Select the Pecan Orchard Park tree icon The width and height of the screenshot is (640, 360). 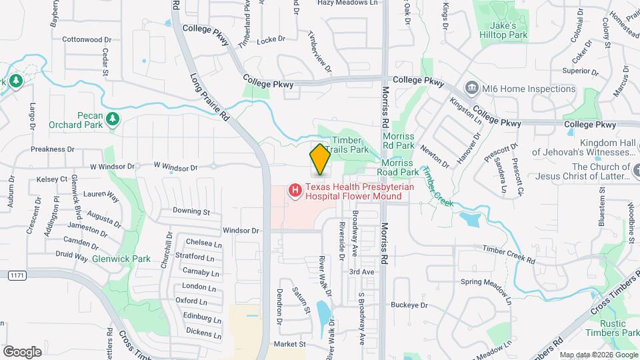[113, 118]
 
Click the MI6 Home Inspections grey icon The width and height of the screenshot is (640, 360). [471, 88]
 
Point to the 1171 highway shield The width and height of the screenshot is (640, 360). [18, 275]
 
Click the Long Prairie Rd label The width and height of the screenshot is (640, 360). [209, 97]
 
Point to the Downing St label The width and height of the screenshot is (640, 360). [191, 211]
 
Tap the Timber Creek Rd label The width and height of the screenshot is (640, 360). [509, 253]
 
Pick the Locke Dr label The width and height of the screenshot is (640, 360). [271, 39]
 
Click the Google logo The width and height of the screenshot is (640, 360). [22, 351]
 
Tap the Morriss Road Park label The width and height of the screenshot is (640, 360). [400, 171]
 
